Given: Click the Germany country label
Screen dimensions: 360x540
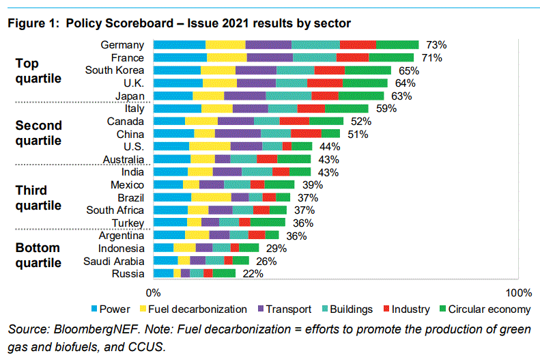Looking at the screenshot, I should [122, 45].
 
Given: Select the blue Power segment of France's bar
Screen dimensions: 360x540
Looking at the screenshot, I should [180, 57].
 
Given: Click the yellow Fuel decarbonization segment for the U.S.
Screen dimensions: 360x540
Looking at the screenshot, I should [210, 146].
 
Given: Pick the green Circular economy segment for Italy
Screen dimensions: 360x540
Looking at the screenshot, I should [346, 108].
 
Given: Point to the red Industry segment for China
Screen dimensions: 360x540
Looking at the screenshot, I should [306, 134].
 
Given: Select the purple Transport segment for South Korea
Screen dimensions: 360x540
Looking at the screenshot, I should [256, 70].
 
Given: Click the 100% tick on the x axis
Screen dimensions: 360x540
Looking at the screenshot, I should [518, 293].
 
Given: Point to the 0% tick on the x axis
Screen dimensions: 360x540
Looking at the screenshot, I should [154, 293].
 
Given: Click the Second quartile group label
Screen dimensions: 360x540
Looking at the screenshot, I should [38, 133].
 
